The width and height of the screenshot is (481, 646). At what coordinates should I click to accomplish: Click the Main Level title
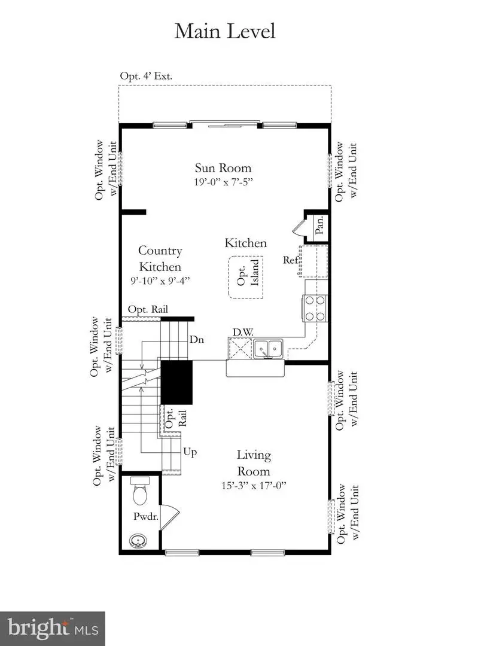click(224, 31)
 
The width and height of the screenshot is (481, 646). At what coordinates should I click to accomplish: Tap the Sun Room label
click(223, 167)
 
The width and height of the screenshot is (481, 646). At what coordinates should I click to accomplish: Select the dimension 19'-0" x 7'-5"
click(223, 182)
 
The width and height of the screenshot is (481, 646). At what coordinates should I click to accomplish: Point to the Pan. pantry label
click(319, 224)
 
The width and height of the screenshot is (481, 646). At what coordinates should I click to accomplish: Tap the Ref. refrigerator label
click(291, 260)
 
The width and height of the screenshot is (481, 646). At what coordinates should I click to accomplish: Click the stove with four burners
click(315, 309)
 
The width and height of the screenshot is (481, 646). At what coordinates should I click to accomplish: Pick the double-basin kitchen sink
click(268, 348)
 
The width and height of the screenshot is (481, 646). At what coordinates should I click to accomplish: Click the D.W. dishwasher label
click(242, 331)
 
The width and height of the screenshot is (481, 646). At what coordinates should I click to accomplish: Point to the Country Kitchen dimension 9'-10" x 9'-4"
click(160, 280)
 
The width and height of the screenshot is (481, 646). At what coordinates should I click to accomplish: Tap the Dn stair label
click(197, 339)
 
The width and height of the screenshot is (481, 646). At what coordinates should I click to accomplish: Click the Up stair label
click(190, 452)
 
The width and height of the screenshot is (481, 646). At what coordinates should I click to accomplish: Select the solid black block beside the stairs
click(176, 382)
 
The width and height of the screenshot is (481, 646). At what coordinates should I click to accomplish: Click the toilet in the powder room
click(139, 494)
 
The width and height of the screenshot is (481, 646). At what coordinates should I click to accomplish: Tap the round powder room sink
click(138, 541)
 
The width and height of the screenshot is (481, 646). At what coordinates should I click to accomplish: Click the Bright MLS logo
click(52, 627)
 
